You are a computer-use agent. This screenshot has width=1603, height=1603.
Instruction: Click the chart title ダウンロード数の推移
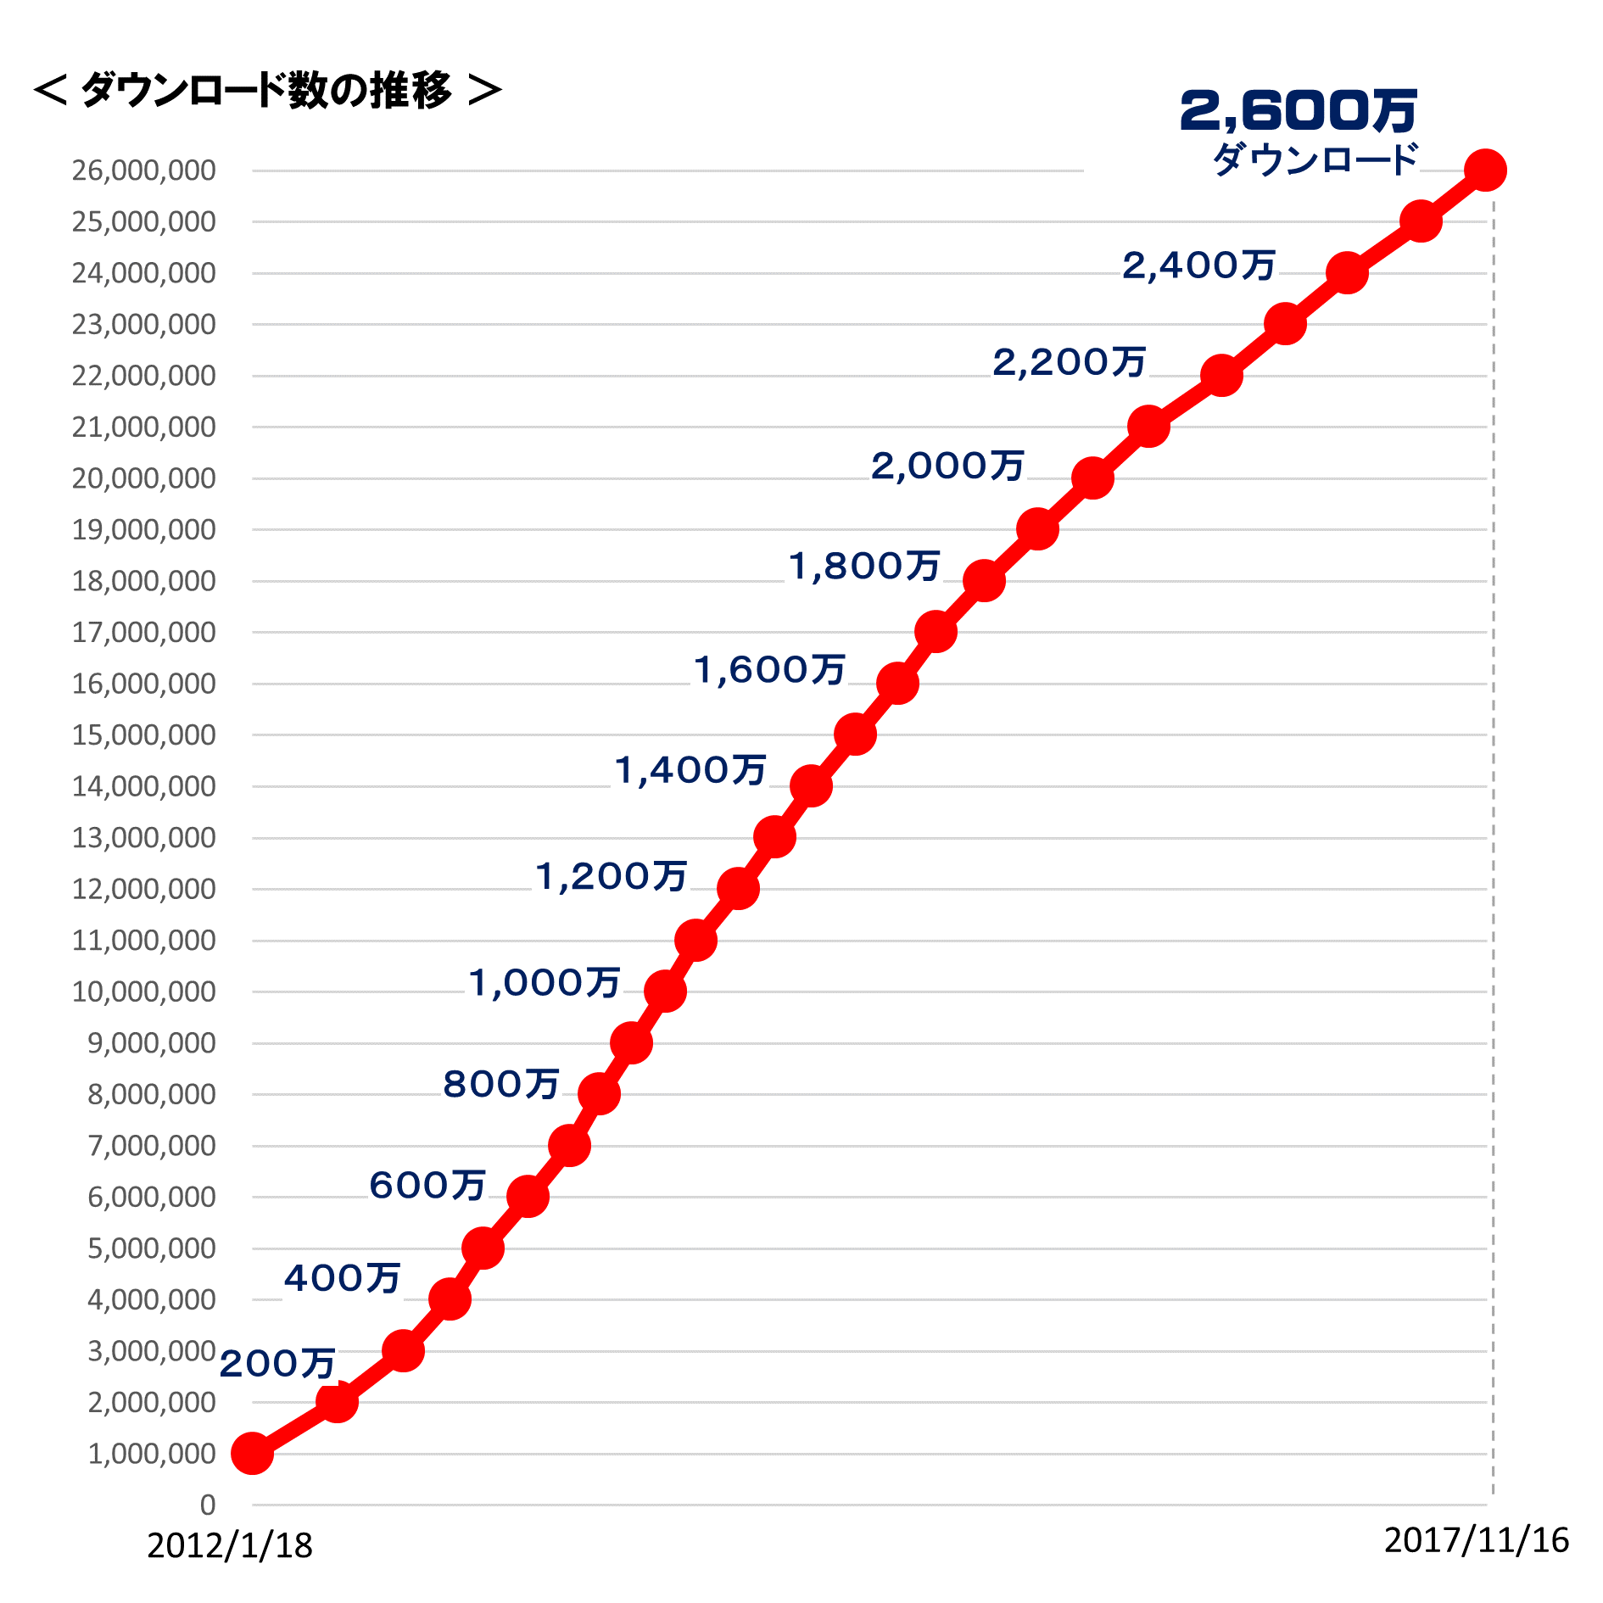click(x=266, y=90)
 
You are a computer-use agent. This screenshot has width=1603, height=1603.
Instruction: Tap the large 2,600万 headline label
click(x=1298, y=111)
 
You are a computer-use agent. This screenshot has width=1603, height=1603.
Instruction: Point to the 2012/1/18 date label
click(x=230, y=1545)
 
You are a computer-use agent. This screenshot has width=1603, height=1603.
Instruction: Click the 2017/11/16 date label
click(x=1476, y=1539)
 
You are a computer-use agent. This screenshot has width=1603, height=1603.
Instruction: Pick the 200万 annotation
click(x=277, y=1363)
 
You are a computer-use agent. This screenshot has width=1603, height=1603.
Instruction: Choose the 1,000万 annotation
click(x=545, y=982)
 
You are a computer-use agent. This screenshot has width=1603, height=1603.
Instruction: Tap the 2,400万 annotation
click(x=1198, y=265)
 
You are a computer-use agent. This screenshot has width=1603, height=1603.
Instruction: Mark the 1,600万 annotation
click(x=769, y=669)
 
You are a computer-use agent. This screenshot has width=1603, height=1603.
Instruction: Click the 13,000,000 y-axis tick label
click(x=143, y=837)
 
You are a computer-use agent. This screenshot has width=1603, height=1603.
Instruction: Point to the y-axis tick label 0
click(x=208, y=1505)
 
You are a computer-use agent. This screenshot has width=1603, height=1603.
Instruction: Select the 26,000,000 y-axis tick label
click(x=143, y=170)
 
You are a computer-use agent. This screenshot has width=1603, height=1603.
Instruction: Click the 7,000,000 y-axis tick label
click(x=151, y=1145)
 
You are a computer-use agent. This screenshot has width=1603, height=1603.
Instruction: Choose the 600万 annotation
click(x=427, y=1185)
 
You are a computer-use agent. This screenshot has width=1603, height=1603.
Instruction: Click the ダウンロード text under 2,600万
click(x=1315, y=159)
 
